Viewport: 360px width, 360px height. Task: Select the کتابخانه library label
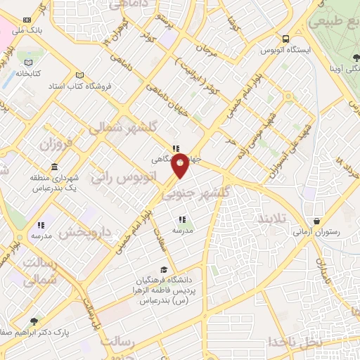[x=29, y=73]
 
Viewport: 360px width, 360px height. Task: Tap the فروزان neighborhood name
[x=56, y=146]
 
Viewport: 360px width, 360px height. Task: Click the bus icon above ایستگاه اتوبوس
[x=285, y=39]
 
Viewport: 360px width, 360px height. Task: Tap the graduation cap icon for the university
[x=164, y=270]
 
